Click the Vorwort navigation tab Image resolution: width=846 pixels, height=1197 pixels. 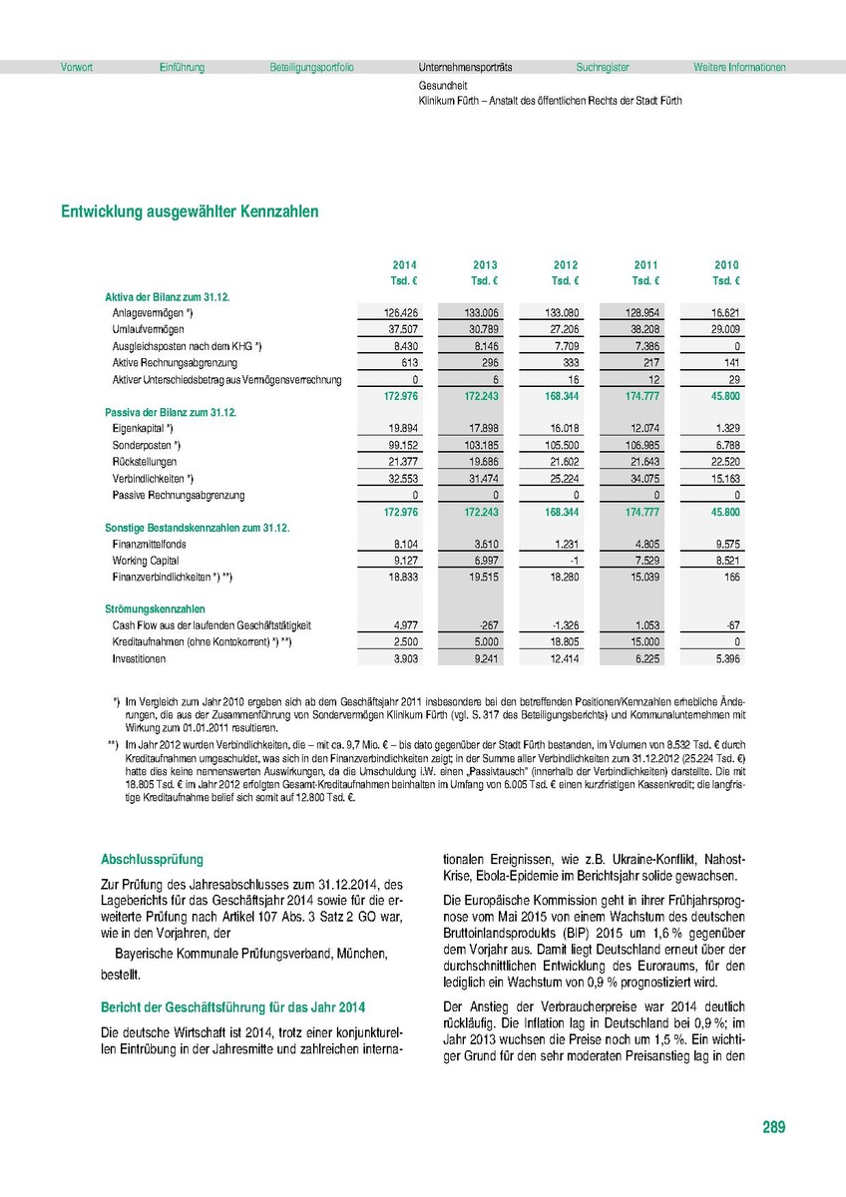[x=77, y=68]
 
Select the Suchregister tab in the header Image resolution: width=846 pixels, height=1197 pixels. [x=603, y=68]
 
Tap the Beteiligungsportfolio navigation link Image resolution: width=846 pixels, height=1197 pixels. [x=311, y=68]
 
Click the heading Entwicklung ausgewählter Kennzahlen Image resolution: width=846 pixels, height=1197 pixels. [x=190, y=211]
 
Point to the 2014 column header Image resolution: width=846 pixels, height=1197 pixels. [x=404, y=264]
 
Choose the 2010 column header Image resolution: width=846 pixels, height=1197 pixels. [x=726, y=264]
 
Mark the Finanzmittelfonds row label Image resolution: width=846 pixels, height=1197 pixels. [x=150, y=544]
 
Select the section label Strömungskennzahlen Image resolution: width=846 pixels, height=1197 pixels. [x=155, y=607]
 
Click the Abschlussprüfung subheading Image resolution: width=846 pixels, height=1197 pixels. [x=152, y=859]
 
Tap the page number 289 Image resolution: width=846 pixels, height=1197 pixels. [x=773, y=1127]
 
